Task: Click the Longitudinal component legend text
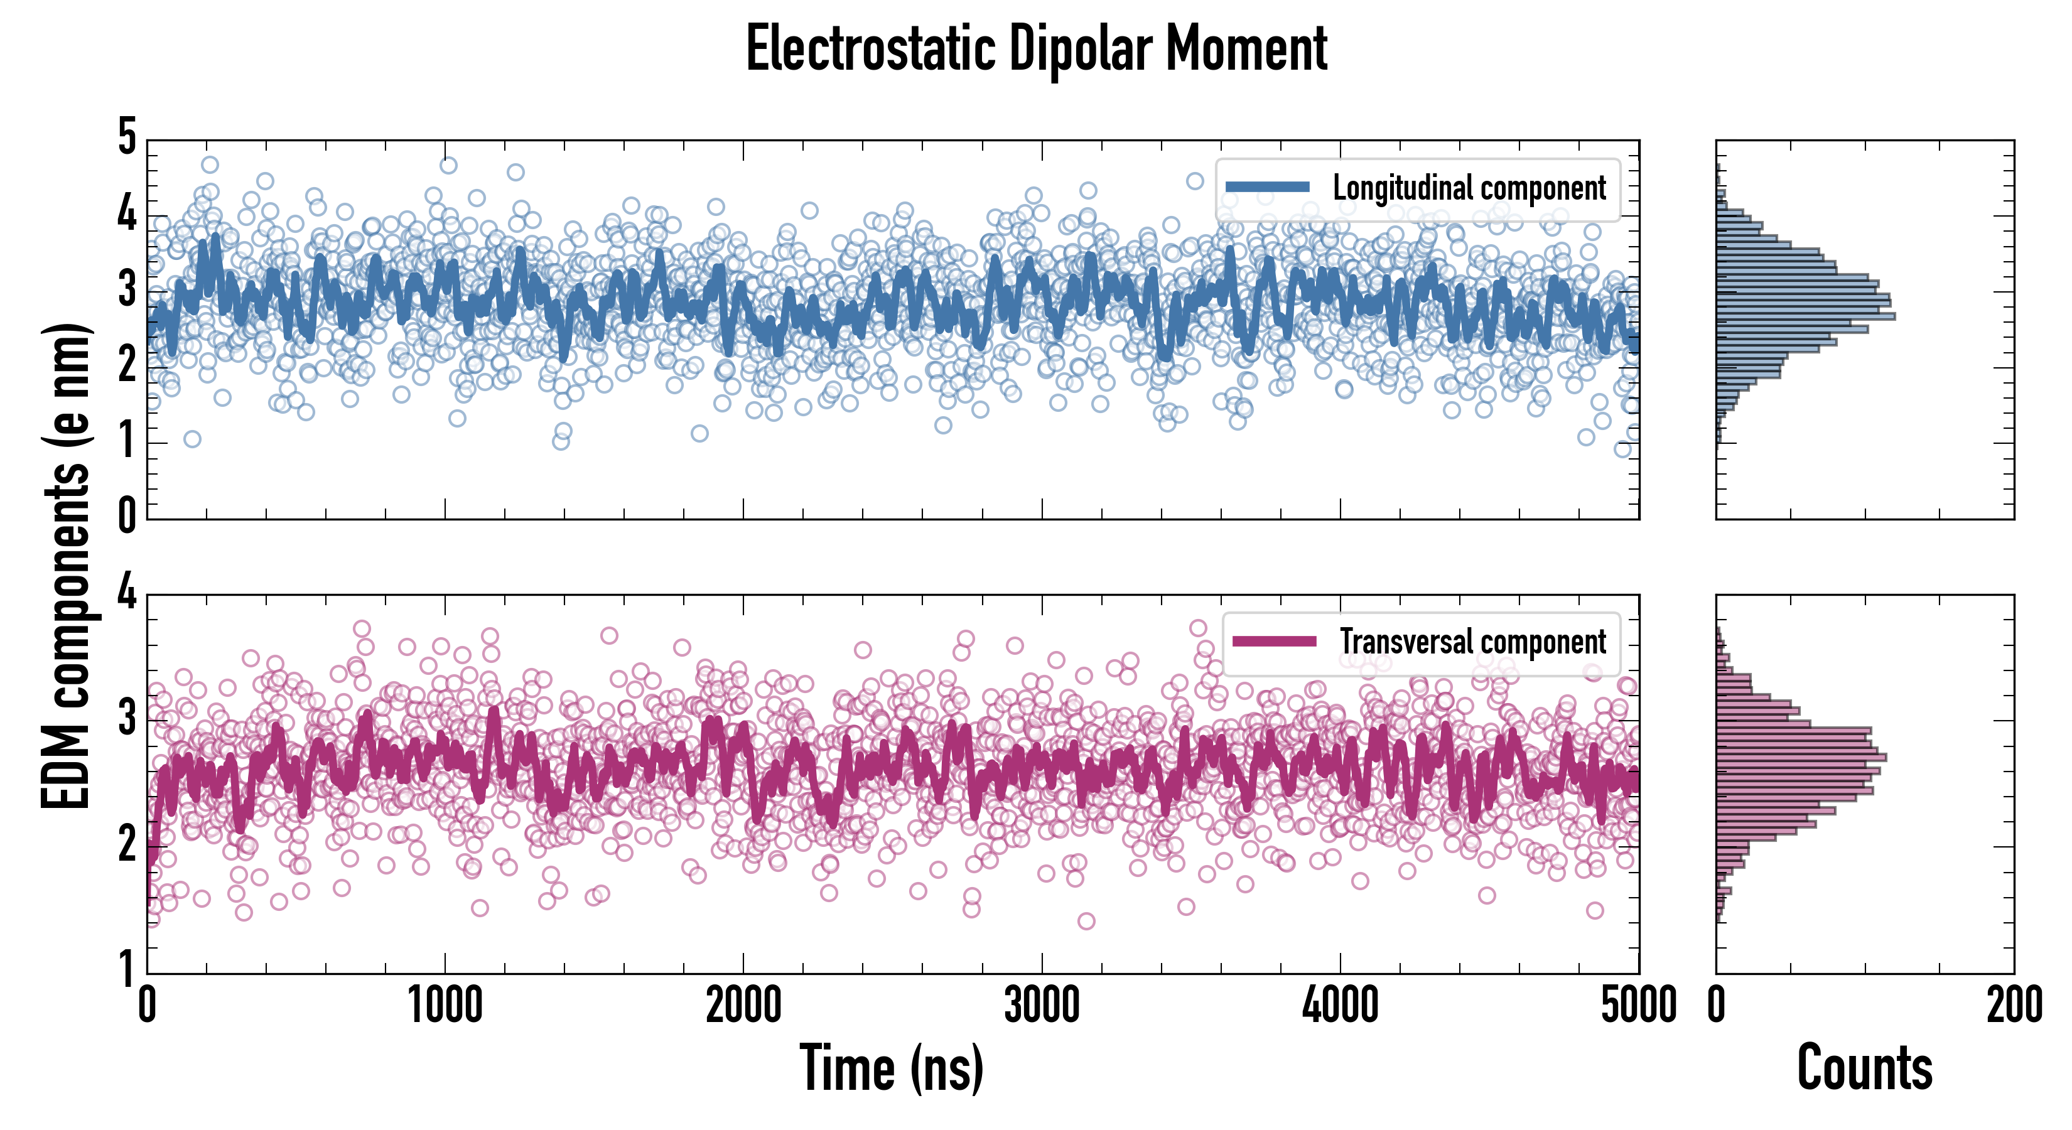1469,188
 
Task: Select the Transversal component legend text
1472,642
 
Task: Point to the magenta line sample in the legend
1274,641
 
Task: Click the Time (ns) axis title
891,1067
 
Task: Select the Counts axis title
1864,1067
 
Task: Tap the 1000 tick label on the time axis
445,1005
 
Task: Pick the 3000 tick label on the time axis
1042,1005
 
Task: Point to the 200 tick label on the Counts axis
2013,1005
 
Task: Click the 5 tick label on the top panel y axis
127,137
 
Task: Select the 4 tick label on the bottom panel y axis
127,593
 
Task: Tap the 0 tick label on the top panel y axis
127,515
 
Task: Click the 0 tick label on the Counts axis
1717,1005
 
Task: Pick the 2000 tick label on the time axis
743,1005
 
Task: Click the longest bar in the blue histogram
1805,316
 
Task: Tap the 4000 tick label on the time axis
1340,1005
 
